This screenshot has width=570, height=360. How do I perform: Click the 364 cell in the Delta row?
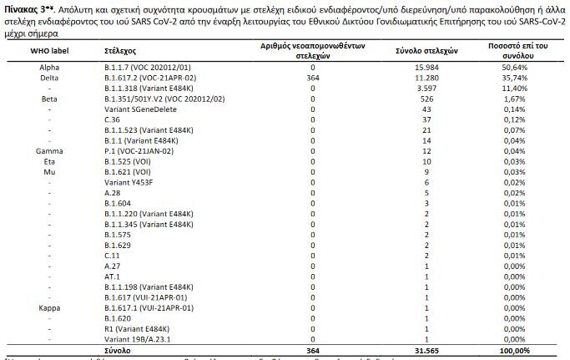coord(314,78)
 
